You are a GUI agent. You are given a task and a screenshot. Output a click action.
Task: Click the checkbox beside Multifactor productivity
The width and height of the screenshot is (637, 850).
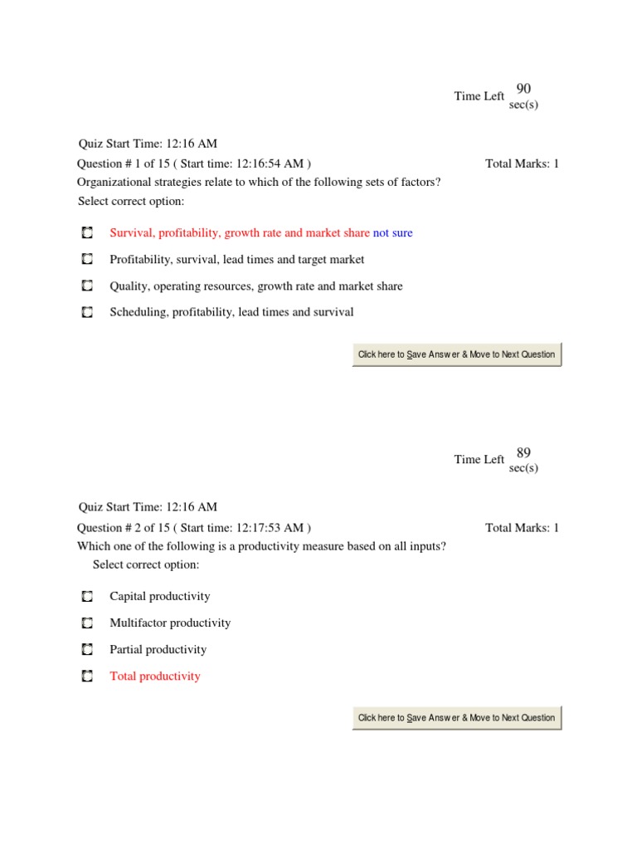tap(87, 623)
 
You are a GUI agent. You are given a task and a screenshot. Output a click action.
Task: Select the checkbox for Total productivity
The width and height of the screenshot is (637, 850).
tap(87, 677)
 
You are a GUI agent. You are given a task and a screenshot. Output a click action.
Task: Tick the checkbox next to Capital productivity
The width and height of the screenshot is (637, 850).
tap(87, 597)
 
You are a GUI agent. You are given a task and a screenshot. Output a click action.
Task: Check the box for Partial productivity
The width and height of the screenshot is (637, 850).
tap(87, 650)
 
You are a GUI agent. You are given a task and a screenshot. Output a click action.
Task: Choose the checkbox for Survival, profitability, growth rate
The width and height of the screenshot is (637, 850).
tap(87, 233)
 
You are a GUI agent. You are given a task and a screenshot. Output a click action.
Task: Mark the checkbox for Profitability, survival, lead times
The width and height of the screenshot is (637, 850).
tap(87, 260)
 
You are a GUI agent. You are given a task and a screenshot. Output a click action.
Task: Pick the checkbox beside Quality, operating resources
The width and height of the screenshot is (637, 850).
tap(87, 286)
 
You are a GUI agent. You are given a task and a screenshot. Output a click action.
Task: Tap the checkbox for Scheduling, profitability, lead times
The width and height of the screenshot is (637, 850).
tap(87, 313)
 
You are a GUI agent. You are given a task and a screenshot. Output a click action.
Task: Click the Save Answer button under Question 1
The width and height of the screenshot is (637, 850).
tap(456, 354)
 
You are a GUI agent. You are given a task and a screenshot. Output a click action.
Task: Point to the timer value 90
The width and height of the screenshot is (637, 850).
tap(523, 89)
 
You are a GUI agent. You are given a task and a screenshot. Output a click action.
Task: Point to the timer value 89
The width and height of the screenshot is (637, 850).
tap(523, 452)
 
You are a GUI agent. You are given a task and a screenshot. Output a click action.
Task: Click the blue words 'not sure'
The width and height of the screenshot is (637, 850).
tap(392, 233)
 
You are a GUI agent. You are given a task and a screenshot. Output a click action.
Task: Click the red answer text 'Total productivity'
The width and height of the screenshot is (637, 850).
tap(155, 677)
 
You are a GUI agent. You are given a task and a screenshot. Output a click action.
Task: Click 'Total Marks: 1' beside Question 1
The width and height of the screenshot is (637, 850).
tap(522, 164)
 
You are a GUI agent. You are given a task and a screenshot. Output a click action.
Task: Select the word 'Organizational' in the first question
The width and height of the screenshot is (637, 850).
tap(112, 182)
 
